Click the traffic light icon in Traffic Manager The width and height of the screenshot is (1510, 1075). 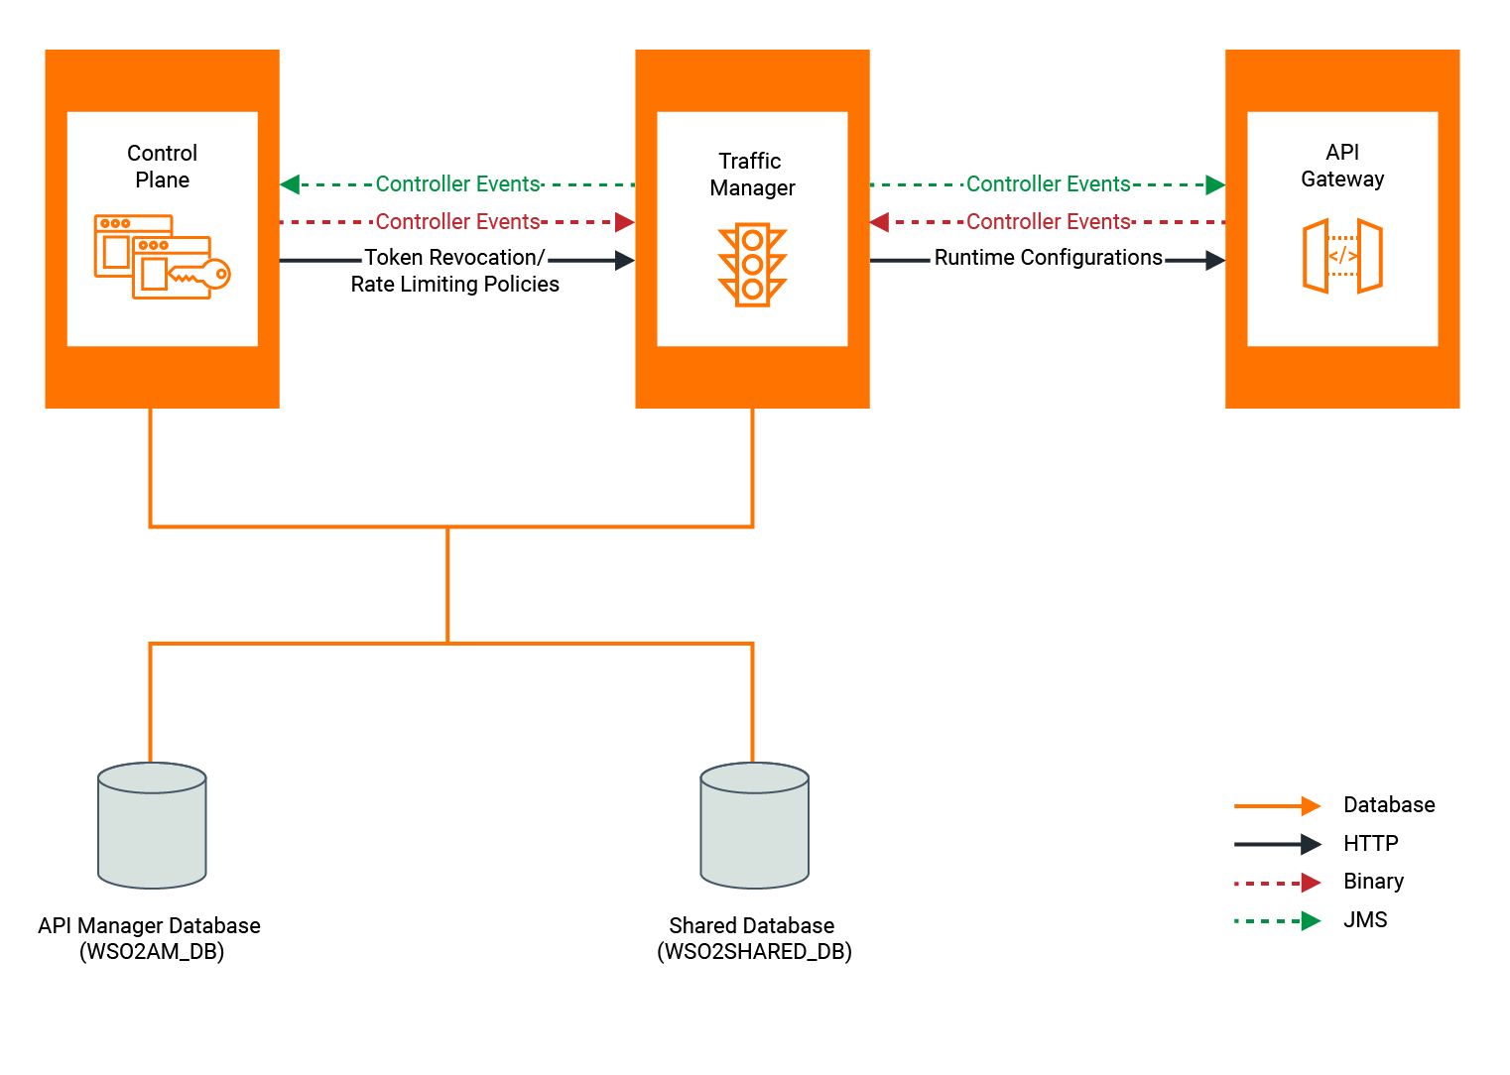pyautogui.click(x=752, y=265)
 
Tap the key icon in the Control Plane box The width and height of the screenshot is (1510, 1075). pyautogui.click(x=202, y=274)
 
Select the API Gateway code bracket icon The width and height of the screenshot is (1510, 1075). pyautogui.click(x=1342, y=256)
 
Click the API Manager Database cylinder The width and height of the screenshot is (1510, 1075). pyautogui.click(x=152, y=825)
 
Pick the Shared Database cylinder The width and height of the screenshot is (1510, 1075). pyautogui.click(x=754, y=825)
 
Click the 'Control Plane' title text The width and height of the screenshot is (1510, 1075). pyautogui.click(x=163, y=167)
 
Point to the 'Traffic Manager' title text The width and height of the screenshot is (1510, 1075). pyautogui.click(x=752, y=175)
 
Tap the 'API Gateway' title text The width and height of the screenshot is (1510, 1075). pyautogui.click(x=1342, y=166)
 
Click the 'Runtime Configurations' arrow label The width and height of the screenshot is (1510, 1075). pyautogui.click(x=1048, y=258)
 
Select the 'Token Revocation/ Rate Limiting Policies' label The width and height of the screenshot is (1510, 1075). pyautogui.click(x=454, y=271)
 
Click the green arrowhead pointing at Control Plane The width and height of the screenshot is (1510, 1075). pyautogui.click(x=290, y=184)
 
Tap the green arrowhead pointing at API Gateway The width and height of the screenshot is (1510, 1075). pyautogui.click(x=1215, y=184)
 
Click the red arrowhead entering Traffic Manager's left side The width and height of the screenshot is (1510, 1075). pyautogui.click(x=624, y=222)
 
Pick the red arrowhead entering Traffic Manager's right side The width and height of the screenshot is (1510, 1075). pyautogui.click(x=880, y=222)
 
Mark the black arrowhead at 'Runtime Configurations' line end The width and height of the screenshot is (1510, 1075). pyautogui.click(x=1215, y=261)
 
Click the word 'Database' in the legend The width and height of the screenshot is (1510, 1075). pyautogui.click(x=1388, y=805)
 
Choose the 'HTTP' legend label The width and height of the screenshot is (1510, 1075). pyautogui.click(x=1370, y=844)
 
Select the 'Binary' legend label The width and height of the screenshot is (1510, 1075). pyautogui.click(x=1373, y=882)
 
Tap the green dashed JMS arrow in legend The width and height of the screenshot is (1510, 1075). pyautogui.click(x=1277, y=921)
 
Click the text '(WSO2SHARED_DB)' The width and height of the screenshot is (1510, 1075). pyautogui.click(x=754, y=952)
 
